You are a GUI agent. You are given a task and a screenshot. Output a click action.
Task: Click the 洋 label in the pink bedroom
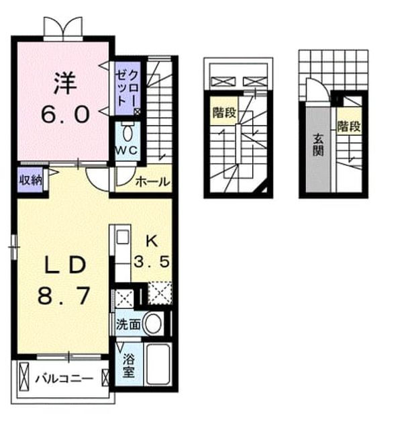[65, 83]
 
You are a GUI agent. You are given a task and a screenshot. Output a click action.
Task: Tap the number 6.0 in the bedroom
[65, 115]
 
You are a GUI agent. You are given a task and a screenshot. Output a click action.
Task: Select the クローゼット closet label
[128, 87]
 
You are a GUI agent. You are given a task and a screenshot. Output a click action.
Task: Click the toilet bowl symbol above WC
[128, 133]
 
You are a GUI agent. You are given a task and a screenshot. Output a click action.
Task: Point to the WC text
[126, 150]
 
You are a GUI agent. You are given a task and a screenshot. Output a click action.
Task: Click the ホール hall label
[153, 181]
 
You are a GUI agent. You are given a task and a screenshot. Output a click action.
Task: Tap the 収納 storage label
[30, 180]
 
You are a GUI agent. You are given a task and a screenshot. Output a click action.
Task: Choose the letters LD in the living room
[66, 265]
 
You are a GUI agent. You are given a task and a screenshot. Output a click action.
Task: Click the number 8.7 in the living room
[64, 296]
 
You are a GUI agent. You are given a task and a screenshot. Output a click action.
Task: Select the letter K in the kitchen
[152, 242]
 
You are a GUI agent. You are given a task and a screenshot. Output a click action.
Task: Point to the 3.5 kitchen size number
[151, 261]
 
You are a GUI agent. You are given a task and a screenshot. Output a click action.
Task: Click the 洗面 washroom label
[128, 325]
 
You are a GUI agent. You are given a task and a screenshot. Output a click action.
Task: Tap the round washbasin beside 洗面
[153, 324]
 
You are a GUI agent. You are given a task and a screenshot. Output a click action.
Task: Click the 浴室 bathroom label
[128, 365]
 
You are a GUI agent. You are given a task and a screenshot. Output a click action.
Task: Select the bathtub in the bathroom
[158, 363]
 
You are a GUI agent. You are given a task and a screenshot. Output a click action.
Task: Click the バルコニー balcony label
[64, 379]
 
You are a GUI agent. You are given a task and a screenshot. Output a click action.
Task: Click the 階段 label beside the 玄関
[348, 126]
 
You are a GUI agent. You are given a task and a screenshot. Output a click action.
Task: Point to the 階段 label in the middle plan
[224, 112]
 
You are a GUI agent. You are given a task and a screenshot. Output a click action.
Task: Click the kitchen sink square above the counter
[123, 237]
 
